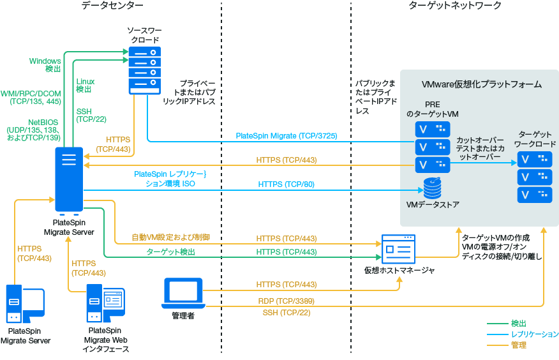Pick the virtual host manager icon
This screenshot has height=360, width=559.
[398, 250]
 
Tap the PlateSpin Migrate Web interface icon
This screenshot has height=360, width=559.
[105, 305]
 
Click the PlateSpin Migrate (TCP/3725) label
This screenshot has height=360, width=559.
[286, 136]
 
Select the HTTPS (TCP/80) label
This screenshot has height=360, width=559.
[286, 184]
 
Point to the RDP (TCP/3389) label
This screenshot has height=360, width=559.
[286, 301]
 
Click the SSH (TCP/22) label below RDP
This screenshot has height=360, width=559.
[286, 312]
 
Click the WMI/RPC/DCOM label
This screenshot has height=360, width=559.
[31, 96]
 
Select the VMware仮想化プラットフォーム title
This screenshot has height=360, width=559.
[482, 84]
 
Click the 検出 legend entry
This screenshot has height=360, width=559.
[519, 324]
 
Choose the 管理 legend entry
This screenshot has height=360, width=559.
[519, 345]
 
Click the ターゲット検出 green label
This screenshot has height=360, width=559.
[170, 252]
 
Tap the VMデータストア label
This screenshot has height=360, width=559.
[433, 205]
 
